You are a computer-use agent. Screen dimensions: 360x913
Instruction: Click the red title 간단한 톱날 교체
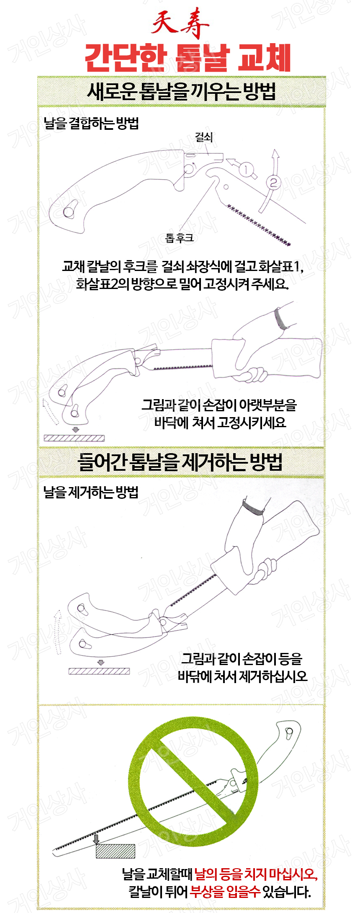(x=188, y=58)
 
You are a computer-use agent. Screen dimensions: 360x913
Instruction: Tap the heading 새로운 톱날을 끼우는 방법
(x=181, y=92)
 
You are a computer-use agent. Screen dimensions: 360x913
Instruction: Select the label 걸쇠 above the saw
(x=204, y=137)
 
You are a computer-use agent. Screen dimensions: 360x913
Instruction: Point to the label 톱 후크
(x=180, y=238)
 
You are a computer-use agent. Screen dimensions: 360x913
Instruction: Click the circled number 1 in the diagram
(x=246, y=169)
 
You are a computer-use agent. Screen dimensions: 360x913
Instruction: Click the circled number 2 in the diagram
(x=273, y=183)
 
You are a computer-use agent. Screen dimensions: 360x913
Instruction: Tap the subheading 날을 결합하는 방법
(x=91, y=123)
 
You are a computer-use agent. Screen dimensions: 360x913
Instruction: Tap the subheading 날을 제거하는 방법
(x=91, y=492)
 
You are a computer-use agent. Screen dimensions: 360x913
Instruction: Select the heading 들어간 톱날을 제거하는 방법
(x=180, y=462)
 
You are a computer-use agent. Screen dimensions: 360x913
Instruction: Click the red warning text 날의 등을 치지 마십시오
(x=256, y=874)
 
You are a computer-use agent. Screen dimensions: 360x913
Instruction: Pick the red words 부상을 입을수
(x=225, y=892)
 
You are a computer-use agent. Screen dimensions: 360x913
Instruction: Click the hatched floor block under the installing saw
(x=74, y=438)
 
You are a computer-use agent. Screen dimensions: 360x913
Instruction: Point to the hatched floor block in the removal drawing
(x=99, y=671)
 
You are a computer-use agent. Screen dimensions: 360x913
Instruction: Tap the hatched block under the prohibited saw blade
(x=116, y=851)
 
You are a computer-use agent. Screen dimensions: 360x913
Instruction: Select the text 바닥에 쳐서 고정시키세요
(x=220, y=422)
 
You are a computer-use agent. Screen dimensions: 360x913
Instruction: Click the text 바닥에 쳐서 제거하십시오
(x=242, y=676)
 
